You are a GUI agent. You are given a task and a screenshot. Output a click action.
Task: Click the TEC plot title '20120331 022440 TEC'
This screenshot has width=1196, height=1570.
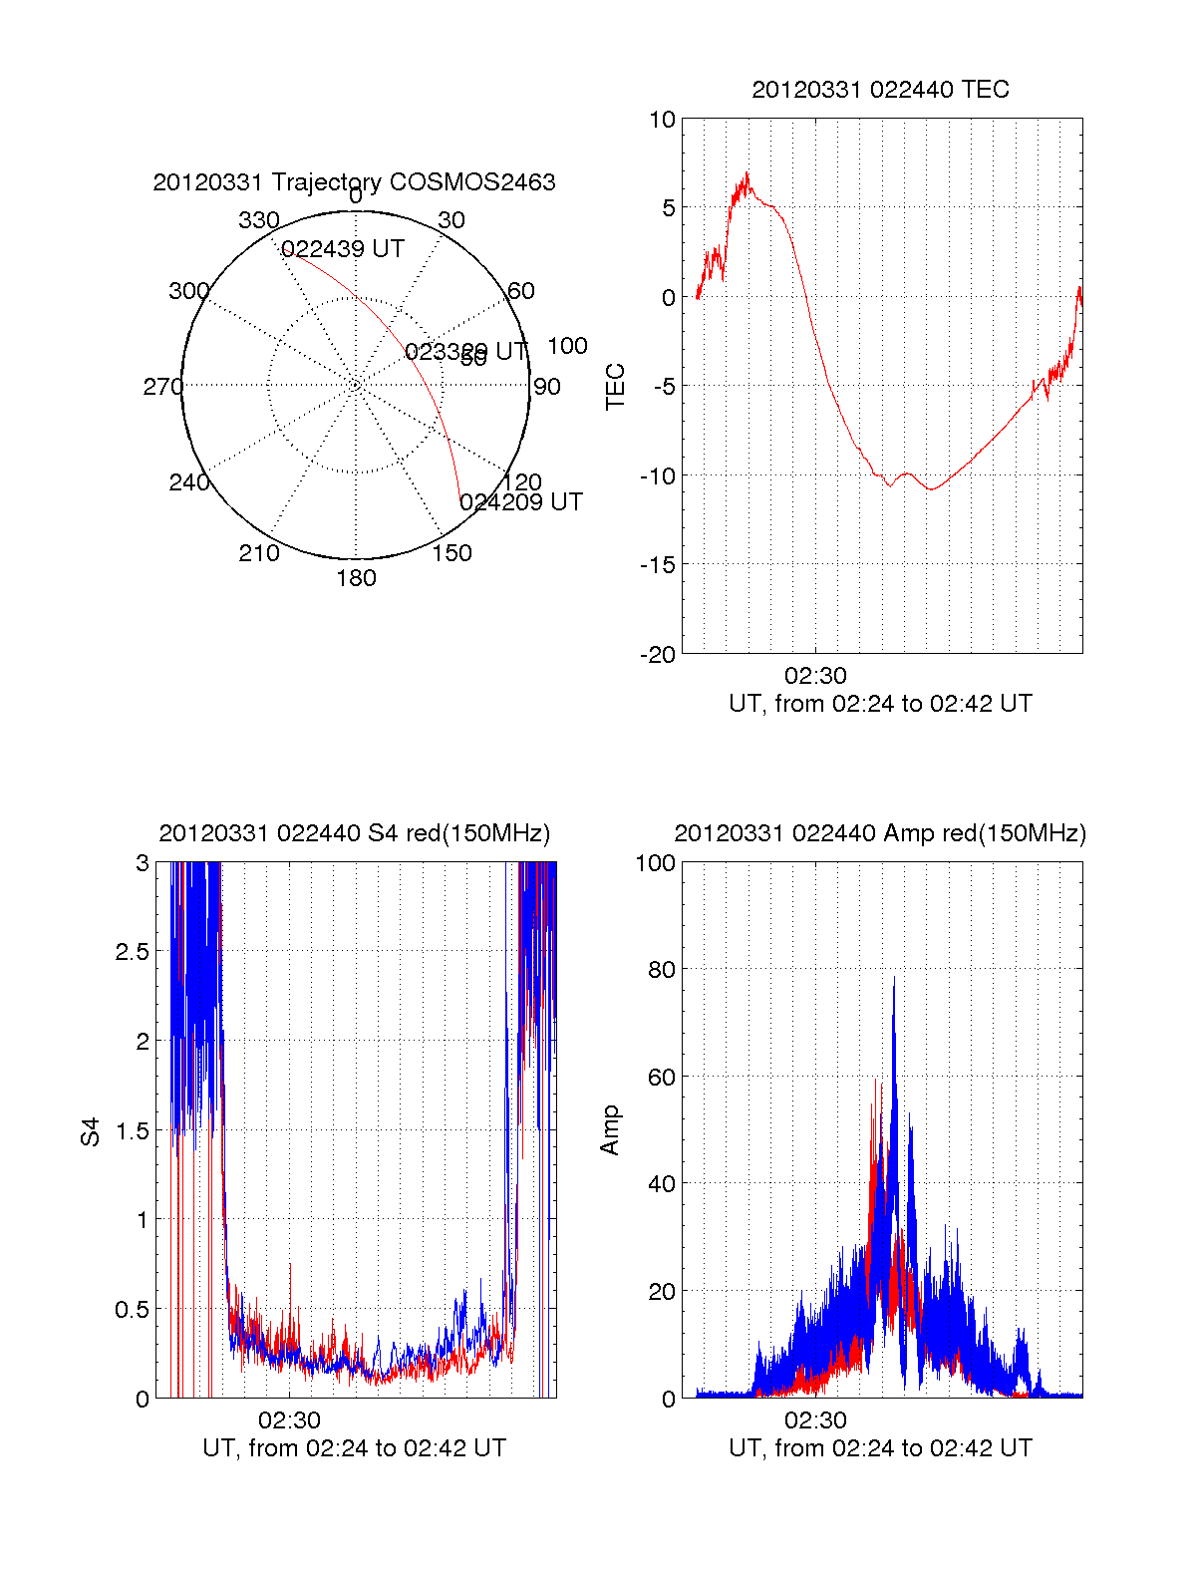(880, 90)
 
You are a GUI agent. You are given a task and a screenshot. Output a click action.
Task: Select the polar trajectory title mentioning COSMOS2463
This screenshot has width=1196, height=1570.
(354, 182)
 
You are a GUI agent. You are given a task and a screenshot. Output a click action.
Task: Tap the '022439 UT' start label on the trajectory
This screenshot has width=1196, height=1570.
(343, 249)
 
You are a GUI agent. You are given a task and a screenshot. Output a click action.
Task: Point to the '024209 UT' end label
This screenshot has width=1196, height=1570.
(521, 502)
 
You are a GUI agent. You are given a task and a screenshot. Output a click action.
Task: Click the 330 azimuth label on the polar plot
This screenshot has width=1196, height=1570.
(259, 220)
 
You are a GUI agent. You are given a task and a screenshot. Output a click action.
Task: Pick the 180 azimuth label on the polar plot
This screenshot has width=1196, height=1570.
(356, 578)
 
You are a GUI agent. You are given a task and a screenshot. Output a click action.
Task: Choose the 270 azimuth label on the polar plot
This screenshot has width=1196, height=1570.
(162, 387)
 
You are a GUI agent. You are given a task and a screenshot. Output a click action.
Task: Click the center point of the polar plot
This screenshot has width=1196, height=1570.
(356, 385)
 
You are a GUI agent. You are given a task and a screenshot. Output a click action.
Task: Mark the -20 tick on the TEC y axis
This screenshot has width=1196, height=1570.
(658, 655)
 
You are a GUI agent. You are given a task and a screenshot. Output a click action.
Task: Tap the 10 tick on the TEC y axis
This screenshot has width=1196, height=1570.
(663, 120)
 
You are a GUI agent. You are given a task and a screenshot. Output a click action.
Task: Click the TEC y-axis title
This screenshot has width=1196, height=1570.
(616, 387)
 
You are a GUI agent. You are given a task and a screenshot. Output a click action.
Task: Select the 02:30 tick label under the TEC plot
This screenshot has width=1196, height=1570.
(815, 676)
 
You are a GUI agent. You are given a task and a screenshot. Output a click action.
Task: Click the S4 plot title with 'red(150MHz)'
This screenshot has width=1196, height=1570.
(354, 833)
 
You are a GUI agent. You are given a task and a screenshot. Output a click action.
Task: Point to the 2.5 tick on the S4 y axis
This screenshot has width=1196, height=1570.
(133, 952)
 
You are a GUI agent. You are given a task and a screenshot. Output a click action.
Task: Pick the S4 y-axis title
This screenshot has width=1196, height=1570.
(91, 1132)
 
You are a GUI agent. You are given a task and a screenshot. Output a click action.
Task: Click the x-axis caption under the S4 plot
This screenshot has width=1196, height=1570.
(354, 1448)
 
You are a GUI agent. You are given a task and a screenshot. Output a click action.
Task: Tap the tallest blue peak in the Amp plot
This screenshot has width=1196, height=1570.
(894, 978)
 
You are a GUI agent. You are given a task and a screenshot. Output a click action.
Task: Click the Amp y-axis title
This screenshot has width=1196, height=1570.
(610, 1130)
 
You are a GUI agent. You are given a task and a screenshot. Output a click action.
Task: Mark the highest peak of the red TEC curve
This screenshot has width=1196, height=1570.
(747, 173)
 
